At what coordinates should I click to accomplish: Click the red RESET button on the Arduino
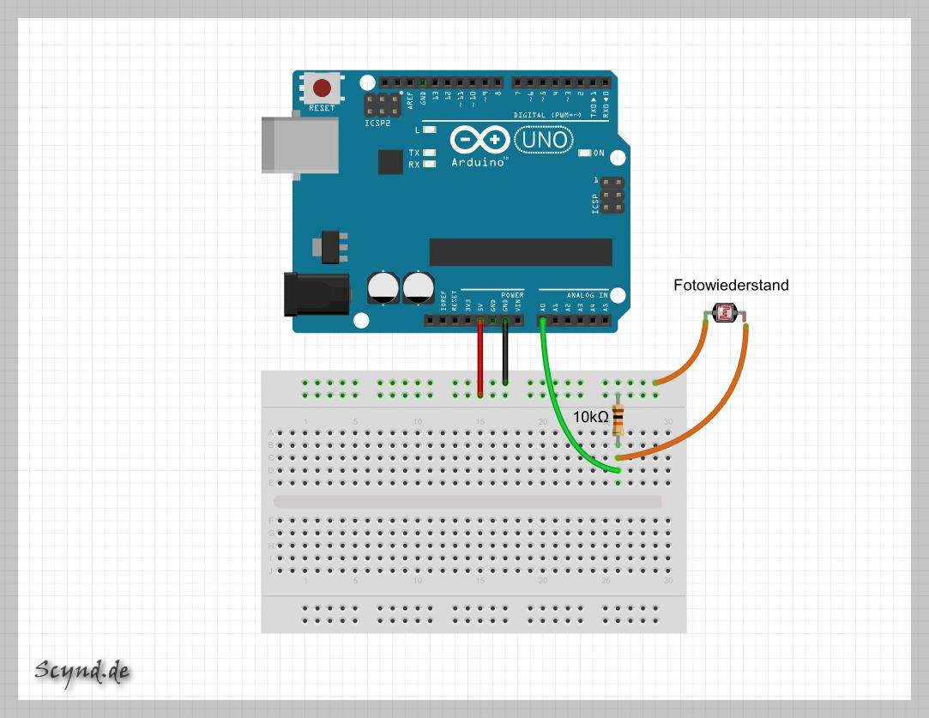point(322,87)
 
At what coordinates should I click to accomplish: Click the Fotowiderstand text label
point(731,285)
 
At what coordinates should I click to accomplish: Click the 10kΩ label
point(591,417)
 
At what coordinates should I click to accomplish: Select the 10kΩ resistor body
point(618,419)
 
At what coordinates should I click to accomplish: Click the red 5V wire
point(480,360)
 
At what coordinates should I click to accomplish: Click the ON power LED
point(586,153)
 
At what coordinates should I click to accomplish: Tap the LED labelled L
point(430,130)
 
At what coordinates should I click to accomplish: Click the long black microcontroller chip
point(521,252)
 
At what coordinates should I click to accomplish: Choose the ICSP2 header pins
point(382,106)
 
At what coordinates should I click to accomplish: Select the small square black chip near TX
point(390,161)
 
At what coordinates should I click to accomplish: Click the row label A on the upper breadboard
point(271,433)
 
